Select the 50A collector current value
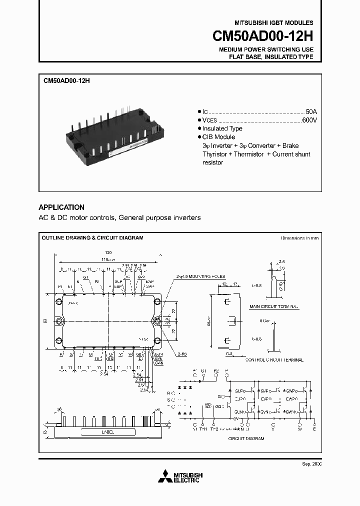click(311, 111)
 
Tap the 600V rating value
click(309, 120)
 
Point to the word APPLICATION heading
click(61, 207)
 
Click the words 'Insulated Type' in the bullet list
click(222, 128)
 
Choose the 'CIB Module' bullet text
click(218, 137)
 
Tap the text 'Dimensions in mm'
click(299, 238)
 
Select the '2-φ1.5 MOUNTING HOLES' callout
click(200, 276)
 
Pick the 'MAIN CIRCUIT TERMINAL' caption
click(273, 305)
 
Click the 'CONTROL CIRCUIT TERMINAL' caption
click(274, 359)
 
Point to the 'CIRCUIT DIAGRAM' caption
click(246, 438)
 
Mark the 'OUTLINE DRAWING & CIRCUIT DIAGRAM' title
click(92, 238)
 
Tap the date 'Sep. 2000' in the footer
click(312, 464)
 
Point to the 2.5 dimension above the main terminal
click(282, 261)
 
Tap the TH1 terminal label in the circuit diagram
click(203, 428)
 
